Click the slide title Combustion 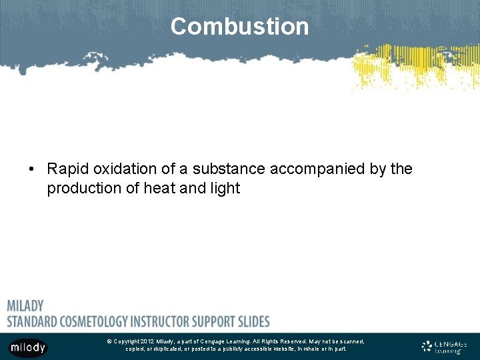239,27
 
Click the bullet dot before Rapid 32,170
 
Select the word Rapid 67,169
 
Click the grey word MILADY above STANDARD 25,306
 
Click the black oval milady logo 28,347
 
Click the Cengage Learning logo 445,347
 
